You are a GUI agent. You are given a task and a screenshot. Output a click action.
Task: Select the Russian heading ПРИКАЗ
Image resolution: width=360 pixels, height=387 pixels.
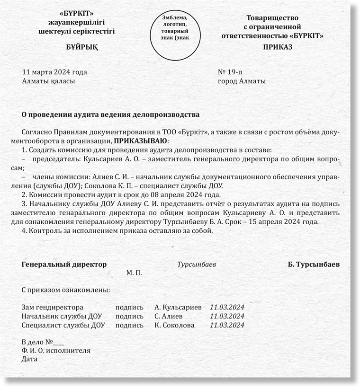pos(278,47)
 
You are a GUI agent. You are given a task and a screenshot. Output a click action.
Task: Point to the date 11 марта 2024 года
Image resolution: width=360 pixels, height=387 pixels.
pos(54,72)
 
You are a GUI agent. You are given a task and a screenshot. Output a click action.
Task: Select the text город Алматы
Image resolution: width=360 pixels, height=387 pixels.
pos(241,81)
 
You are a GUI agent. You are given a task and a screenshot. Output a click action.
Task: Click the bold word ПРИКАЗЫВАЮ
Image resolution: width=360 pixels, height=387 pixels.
pos(141,141)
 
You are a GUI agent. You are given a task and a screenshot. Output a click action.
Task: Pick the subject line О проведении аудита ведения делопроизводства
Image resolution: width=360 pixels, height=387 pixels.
pos(111,114)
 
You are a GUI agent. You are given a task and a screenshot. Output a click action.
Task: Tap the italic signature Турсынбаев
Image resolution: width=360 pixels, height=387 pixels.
pos(197,264)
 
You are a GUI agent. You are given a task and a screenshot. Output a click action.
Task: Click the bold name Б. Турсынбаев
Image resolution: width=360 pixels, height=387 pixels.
pos(314,264)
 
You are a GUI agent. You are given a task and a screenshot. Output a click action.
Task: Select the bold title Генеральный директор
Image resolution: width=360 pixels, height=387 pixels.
pos(64,264)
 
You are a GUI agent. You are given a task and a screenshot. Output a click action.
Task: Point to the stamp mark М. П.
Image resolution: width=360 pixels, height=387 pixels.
pos(134,273)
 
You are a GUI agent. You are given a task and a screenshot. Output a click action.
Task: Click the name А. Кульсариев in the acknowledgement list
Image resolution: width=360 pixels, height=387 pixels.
pos(178,308)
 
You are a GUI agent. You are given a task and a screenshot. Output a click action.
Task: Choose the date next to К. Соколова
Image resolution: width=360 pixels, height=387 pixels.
pos(227,325)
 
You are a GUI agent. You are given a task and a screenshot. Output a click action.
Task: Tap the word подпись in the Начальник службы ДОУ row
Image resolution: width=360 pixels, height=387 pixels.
pos(129,317)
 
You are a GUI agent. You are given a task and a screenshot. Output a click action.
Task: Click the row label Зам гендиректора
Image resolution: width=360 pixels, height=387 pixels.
pos(53,308)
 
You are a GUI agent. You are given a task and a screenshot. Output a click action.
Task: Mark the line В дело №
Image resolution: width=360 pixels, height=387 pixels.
pos(43,342)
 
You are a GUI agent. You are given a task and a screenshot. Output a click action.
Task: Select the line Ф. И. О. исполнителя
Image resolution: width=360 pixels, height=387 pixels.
pos(56,351)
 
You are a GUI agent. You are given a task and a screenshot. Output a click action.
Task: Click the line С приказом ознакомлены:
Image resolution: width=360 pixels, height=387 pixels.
pos(66,289)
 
